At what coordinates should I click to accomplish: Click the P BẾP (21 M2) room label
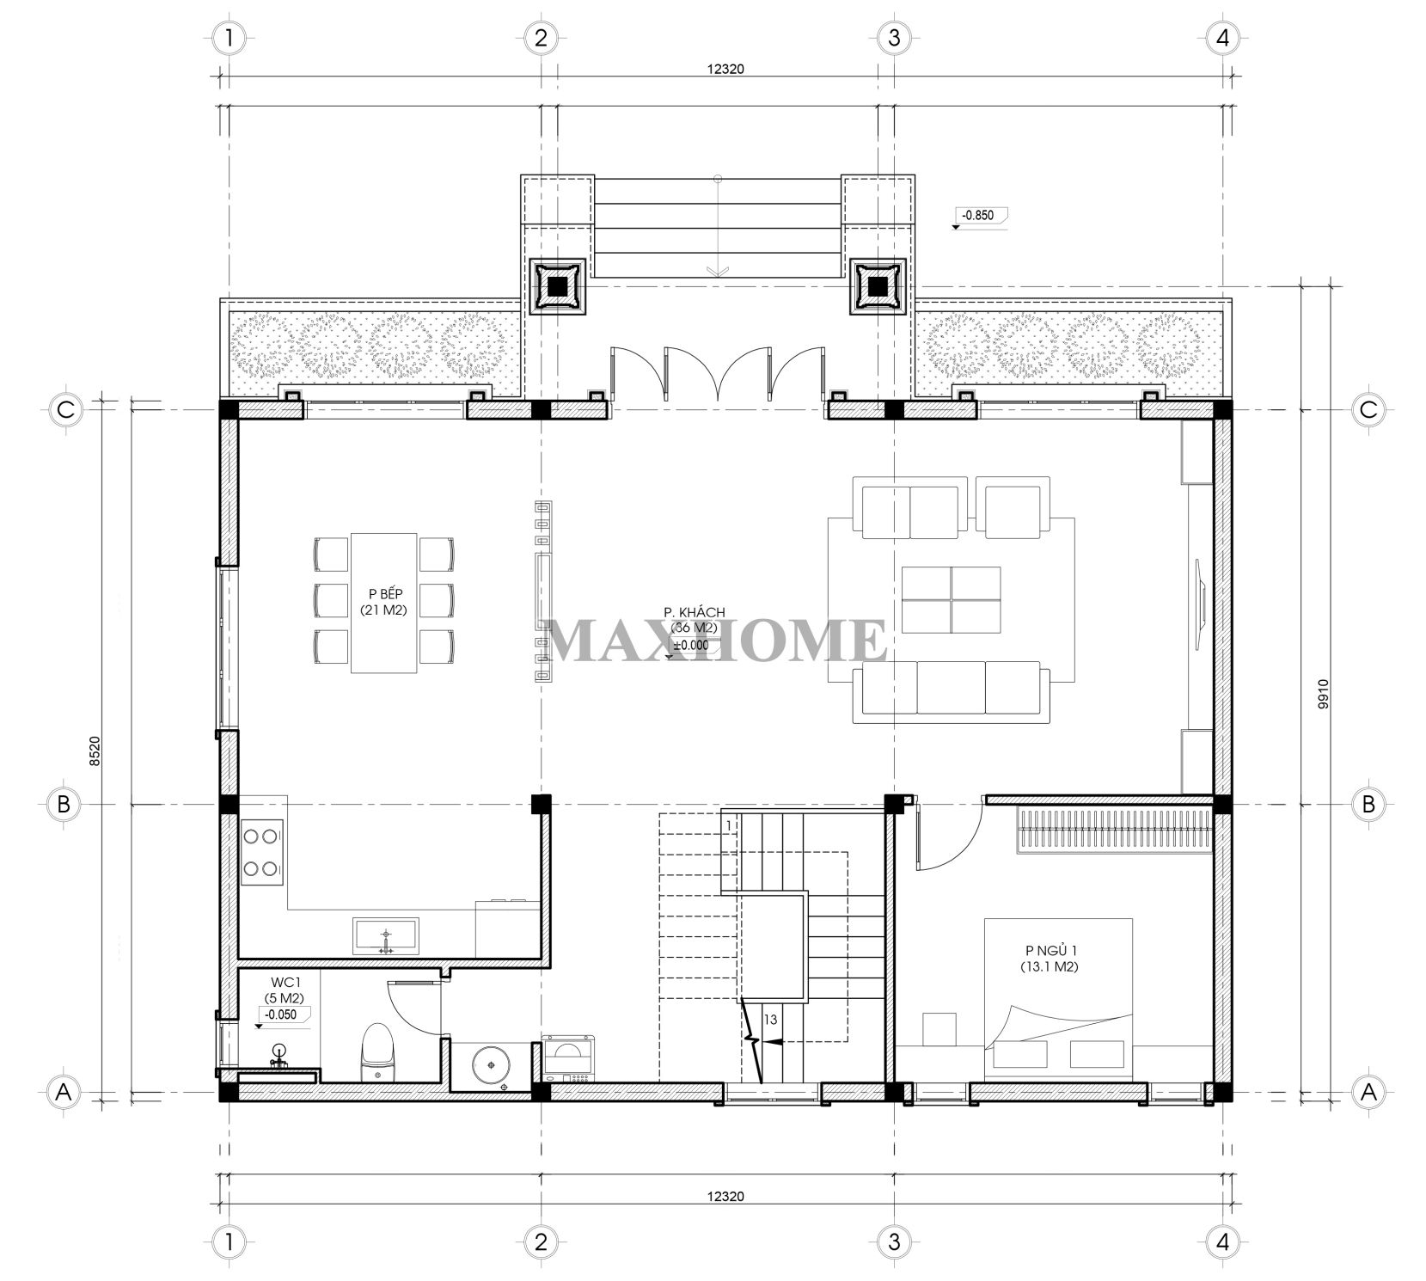383,601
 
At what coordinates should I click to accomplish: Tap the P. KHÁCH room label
695,611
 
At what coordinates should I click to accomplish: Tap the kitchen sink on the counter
386,935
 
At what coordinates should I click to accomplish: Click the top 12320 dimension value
725,70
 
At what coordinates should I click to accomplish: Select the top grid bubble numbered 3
894,37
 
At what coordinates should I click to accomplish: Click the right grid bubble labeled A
1368,1092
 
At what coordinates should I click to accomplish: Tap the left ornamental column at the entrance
557,286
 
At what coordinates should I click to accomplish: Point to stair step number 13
770,1020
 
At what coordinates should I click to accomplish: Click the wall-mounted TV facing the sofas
1200,598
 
